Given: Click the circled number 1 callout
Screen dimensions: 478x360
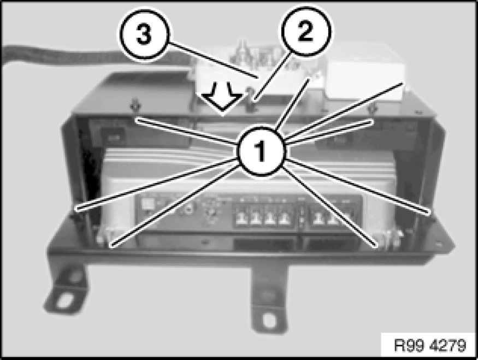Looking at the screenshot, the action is (261, 151).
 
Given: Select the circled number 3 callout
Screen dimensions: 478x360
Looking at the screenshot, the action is (144, 34).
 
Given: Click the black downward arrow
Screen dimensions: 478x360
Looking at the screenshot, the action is (222, 99).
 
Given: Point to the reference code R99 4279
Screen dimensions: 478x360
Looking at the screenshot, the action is (430, 345).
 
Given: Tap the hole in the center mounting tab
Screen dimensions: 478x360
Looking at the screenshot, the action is (270, 320).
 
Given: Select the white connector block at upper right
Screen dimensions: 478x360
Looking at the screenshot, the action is (366, 80).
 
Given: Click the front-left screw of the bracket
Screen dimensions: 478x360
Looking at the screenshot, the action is (104, 237).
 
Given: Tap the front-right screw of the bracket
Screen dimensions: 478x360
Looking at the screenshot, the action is (388, 238).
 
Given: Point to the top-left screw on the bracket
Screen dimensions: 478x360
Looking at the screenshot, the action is (134, 107).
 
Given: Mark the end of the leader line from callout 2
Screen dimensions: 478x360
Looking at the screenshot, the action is (256, 99).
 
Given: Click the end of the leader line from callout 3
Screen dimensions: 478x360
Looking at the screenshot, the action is (258, 78).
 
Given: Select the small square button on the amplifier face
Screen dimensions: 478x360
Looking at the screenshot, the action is (147, 203).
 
